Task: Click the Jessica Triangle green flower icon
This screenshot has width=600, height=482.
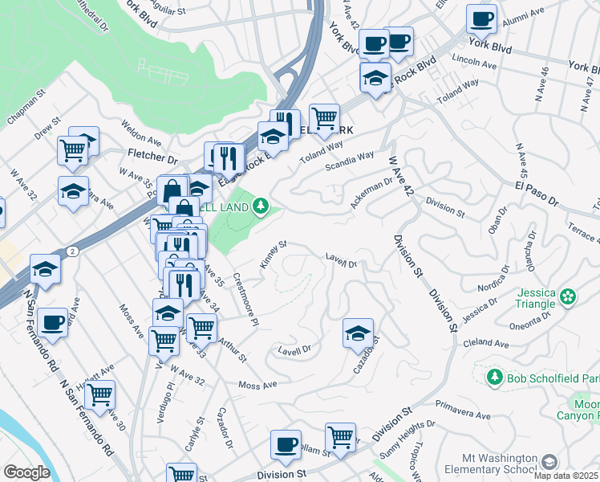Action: click(x=568, y=297)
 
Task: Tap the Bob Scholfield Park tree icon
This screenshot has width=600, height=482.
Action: click(x=495, y=377)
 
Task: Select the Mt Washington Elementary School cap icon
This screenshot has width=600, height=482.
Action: click(x=549, y=462)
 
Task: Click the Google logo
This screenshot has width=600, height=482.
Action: click(x=26, y=472)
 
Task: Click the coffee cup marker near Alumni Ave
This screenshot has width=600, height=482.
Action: click(x=481, y=18)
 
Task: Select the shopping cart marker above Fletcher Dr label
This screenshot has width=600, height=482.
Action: click(x=72, y=149)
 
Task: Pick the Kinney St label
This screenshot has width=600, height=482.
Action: click(x=274, y=254)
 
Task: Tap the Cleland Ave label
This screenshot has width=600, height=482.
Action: click(x=487, y=343)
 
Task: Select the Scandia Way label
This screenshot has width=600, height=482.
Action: click(x=350, y=161)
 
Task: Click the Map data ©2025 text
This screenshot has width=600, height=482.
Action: click(x=566, y=476)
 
